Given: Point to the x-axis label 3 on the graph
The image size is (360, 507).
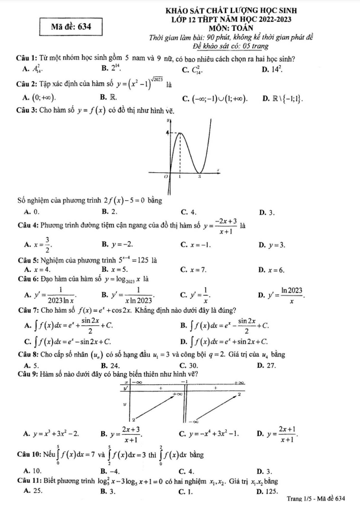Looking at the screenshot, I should tap(199, 177).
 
